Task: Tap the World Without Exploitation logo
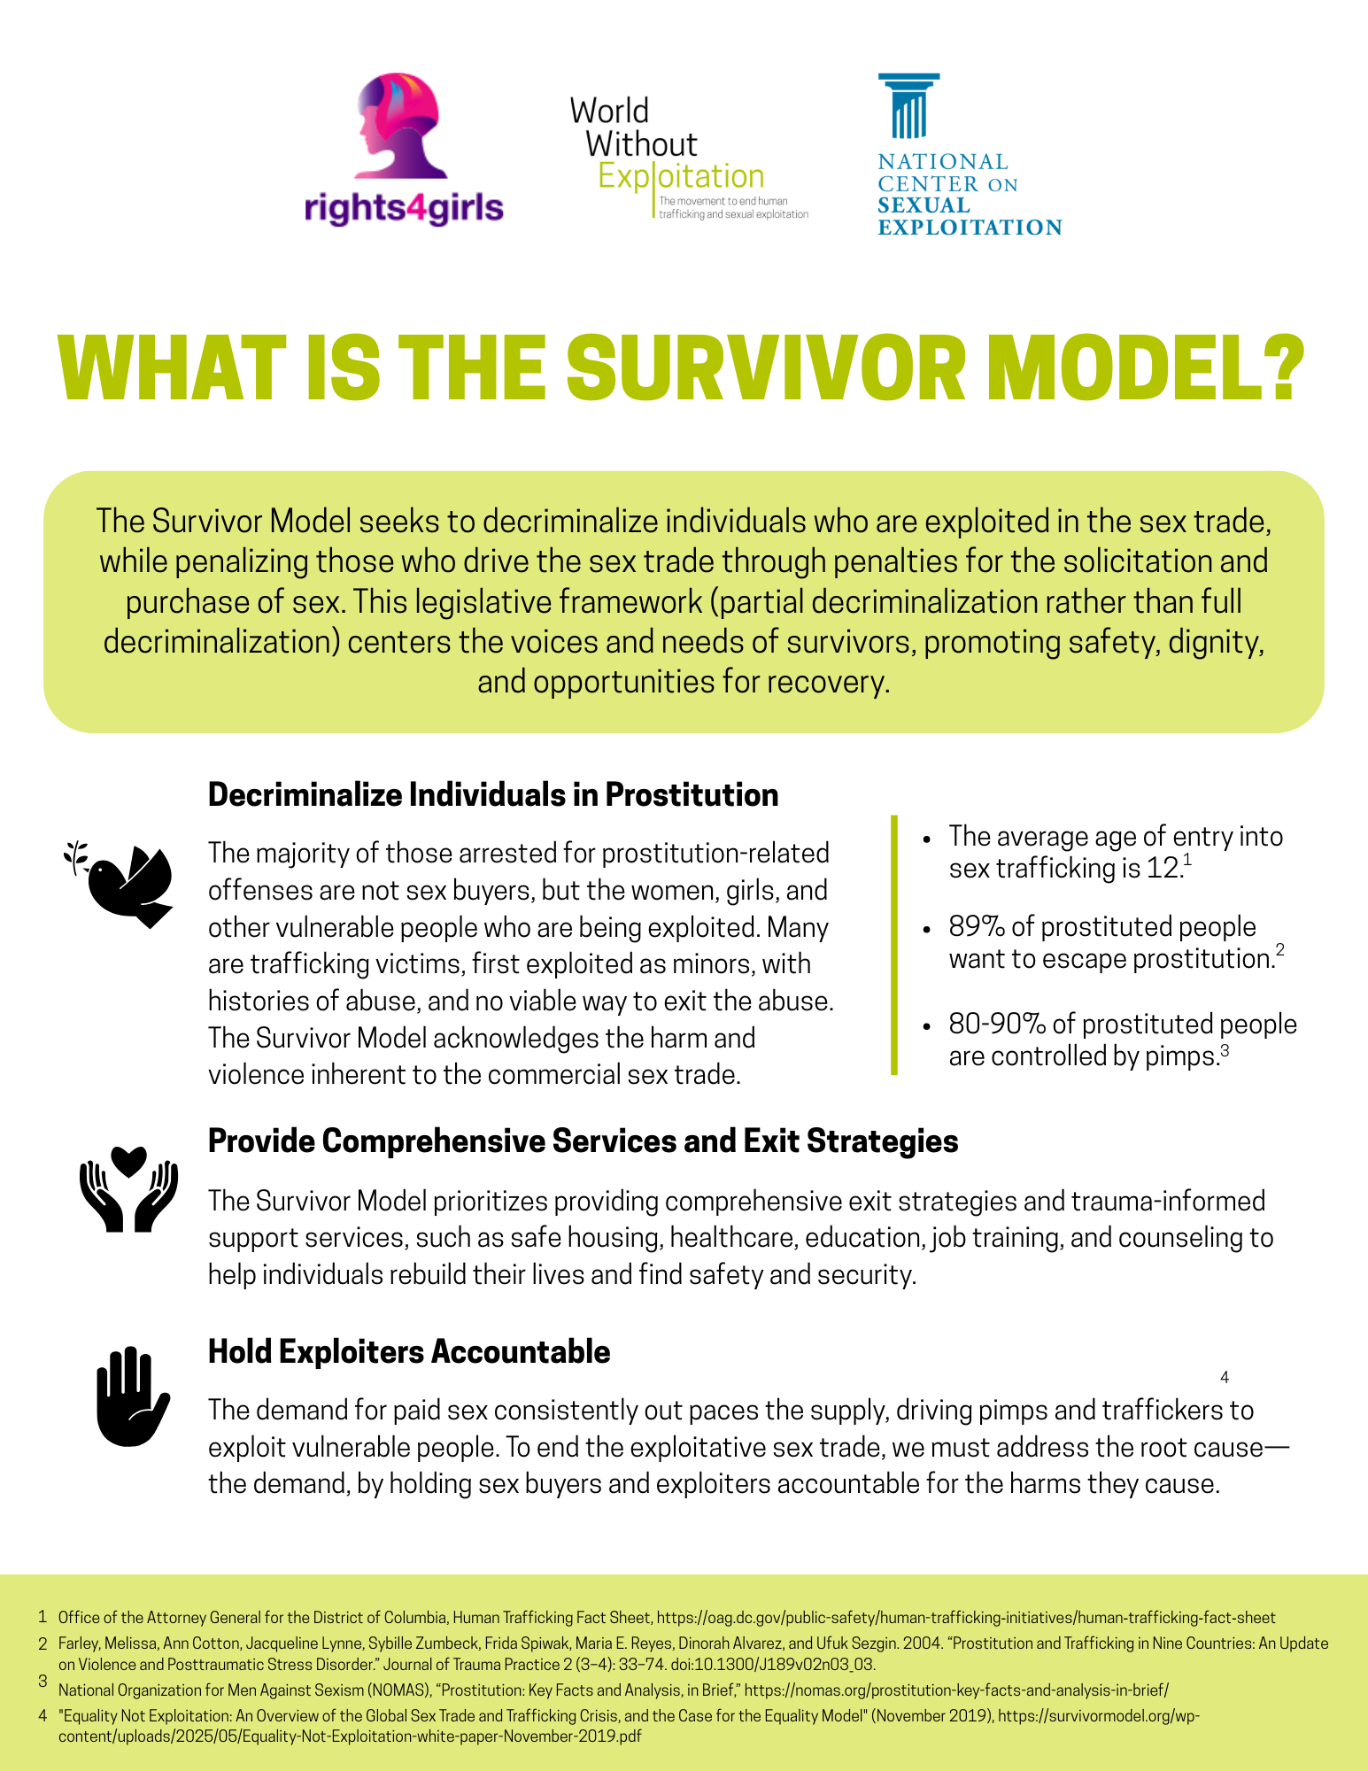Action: coord(689,158)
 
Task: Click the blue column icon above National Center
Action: coord(909,106)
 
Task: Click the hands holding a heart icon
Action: coord(128,1189)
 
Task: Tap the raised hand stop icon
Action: coord(131,1396)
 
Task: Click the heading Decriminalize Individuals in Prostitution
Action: coord(493,795)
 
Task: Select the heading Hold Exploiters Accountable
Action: coord(409,1352)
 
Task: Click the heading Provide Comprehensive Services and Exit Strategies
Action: coord(584,1141)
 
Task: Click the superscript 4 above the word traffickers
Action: coord(1225,1378)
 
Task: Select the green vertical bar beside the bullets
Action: coord(894,945)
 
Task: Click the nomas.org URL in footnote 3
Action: coord(957,1690)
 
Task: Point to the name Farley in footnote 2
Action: coord(78,1643)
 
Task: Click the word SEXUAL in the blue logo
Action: coord(924,205)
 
